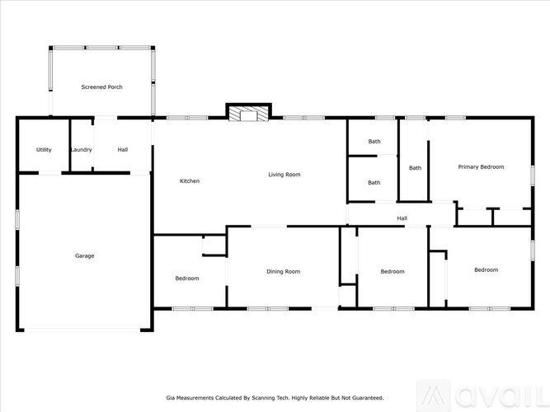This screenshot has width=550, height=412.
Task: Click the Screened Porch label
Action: [101, 87]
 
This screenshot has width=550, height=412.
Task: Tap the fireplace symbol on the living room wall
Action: [248, 112]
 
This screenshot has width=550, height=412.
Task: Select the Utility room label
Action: [44, 150]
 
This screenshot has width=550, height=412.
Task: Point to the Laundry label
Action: [82, 150]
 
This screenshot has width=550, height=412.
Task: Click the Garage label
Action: [85, 256]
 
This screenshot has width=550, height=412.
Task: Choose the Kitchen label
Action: [190, 181]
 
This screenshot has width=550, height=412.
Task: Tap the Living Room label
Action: [284, 174]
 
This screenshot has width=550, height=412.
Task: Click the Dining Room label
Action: [283, 271]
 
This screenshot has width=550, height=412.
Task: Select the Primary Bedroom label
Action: [481, 167]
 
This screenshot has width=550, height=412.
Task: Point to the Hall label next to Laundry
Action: [122, 150]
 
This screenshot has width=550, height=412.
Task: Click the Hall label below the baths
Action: [402, 218]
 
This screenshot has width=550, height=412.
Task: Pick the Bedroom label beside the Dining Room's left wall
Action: [187, 279]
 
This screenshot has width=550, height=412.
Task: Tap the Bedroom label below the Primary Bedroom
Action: [486, 269]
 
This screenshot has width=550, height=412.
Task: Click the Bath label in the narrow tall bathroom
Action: [415, 168]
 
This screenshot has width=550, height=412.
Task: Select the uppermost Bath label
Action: [374, 141]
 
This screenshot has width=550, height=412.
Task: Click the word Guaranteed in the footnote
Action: [369, 398]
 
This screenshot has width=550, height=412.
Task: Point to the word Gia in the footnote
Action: [170, 398]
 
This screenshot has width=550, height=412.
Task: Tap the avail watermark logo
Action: [484, 396]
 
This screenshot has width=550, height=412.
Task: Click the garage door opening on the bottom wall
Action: [82, 330]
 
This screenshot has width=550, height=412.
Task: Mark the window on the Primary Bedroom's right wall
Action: [532, 176]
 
